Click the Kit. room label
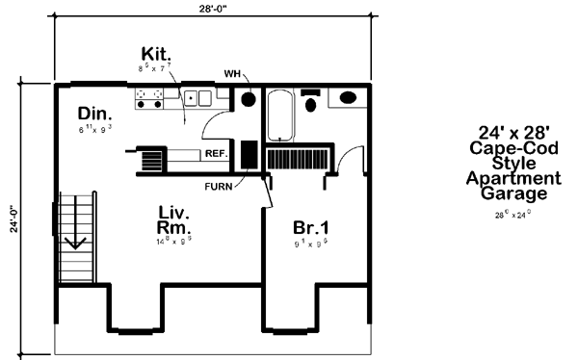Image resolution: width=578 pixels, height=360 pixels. [156, 52]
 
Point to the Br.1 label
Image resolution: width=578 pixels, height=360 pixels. [311, 229]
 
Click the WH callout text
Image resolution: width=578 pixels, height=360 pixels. [232, 73]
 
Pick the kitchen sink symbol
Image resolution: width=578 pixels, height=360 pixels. [197, 97]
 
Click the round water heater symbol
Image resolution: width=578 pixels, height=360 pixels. [248, 99]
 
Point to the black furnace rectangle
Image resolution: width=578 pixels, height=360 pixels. [246, 154]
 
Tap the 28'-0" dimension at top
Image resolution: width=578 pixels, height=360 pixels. [210, 8]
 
